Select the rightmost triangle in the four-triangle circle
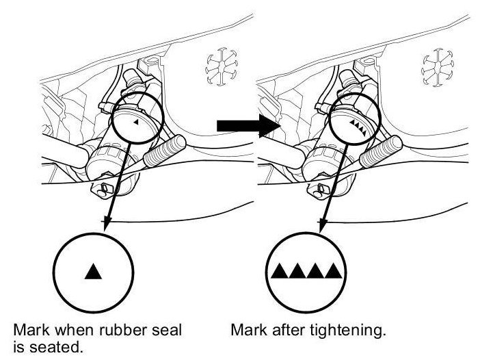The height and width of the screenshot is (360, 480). [x=333, y=271]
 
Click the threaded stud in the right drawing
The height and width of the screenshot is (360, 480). [x=381, y=151]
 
